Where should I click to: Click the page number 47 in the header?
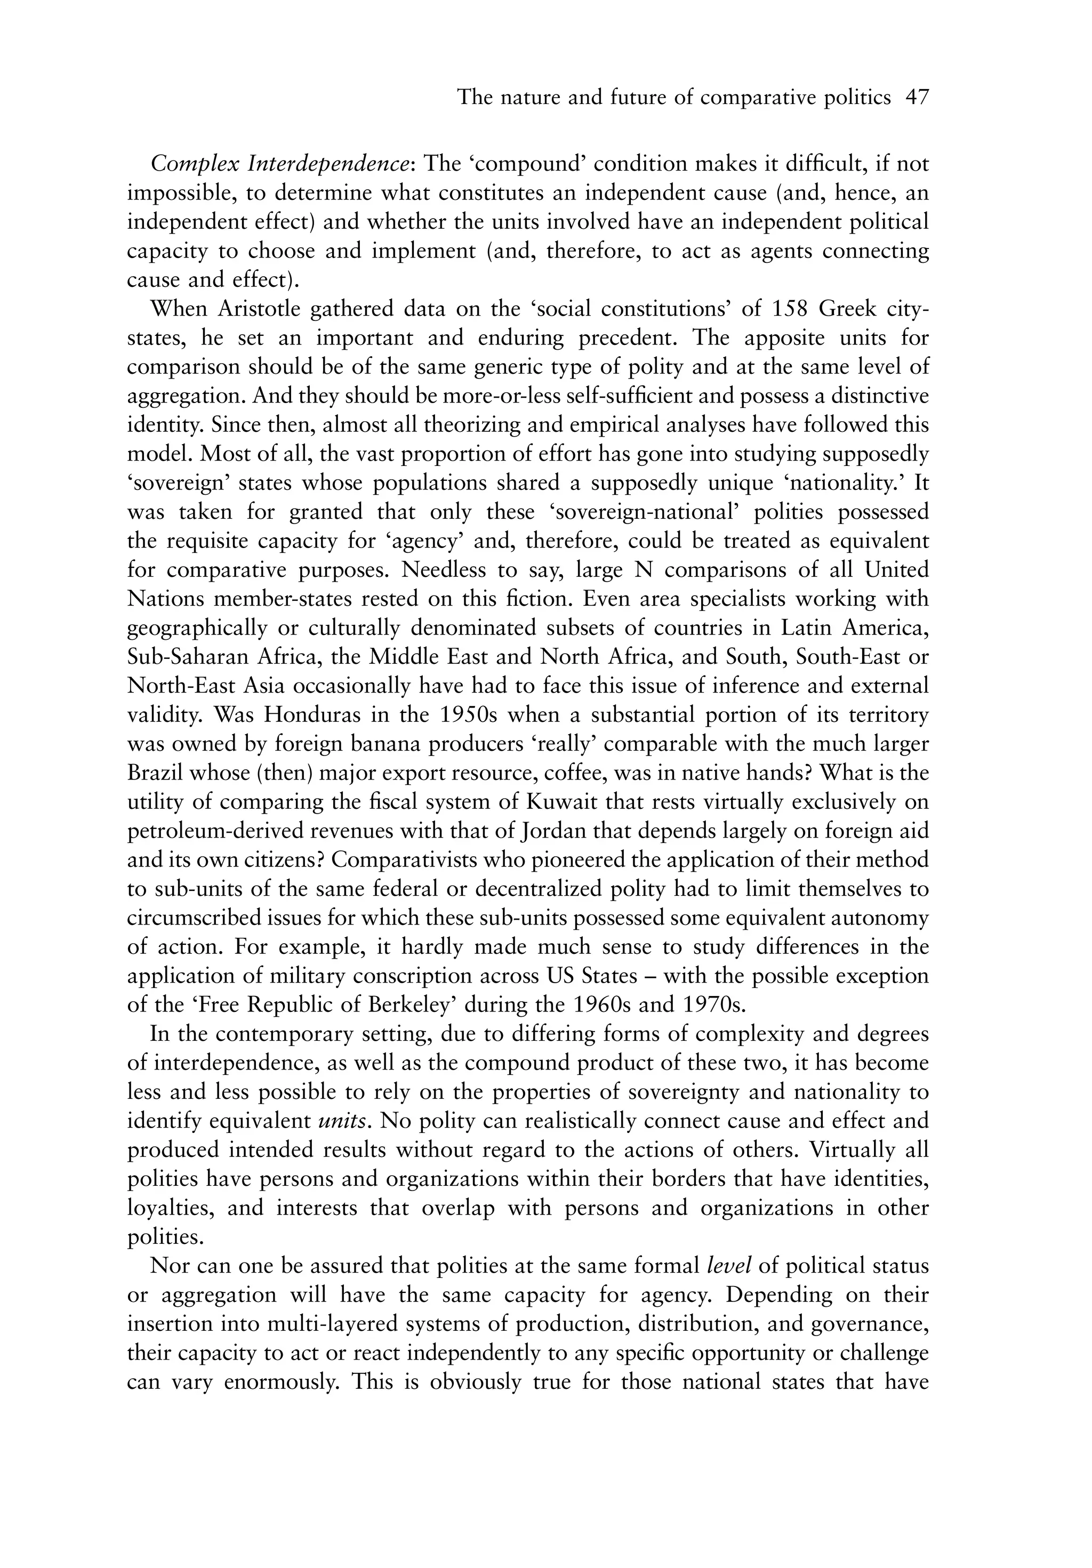click(x=917, y=98)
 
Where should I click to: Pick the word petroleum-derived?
click(x=215, y=831)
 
